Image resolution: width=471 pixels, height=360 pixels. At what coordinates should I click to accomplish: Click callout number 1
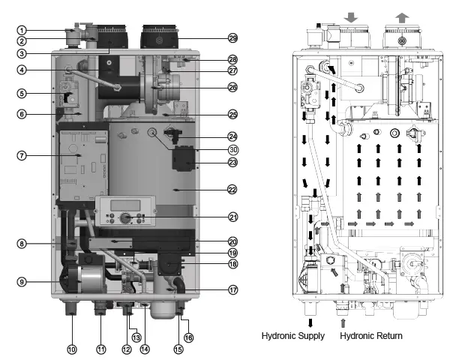22,30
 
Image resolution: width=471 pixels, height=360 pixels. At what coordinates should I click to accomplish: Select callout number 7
22,155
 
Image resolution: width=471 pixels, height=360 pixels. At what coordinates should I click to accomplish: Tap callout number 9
22,281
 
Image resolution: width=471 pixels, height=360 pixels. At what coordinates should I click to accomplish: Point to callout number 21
232,217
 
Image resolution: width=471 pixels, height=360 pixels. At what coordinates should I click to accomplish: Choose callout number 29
232,37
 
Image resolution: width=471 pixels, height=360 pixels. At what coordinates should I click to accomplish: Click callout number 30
232,149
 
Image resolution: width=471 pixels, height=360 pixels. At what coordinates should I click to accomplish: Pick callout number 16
188,339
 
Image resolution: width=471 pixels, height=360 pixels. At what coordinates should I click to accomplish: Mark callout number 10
71,349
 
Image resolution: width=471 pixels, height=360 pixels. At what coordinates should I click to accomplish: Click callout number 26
232,88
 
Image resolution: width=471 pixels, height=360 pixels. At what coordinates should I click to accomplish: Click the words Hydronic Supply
293,336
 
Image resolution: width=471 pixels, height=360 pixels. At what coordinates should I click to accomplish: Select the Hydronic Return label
371,336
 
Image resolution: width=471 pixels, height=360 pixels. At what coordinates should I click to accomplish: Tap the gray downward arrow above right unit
352,15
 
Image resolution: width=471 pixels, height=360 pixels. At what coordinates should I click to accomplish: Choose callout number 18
232,263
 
